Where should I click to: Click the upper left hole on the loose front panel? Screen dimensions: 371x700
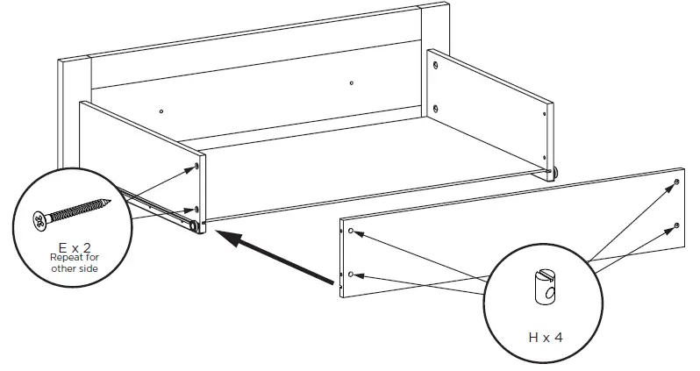point(351,231)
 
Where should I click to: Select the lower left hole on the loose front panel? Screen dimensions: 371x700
point(350,275)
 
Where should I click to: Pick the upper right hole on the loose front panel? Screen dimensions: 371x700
point(677,182)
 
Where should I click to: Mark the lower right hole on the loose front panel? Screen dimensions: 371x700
point(677,225)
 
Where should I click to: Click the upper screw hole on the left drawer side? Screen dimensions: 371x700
point(197,165)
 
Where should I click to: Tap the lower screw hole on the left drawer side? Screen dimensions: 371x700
point(196,210)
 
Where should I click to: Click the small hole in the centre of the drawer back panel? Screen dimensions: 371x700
point(351,83)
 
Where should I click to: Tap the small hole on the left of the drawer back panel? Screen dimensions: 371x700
point(162,111)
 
